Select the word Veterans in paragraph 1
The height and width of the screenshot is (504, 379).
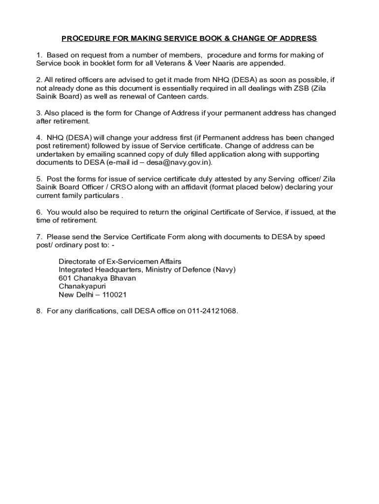click(x=164, y=63)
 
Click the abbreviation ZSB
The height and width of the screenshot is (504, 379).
click(x=295, y=88)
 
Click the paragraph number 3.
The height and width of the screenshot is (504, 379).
click(x=39, y=113)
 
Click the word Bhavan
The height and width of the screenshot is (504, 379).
click(x=124, y=278)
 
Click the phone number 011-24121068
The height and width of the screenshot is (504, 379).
click(x=212, y=312)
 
